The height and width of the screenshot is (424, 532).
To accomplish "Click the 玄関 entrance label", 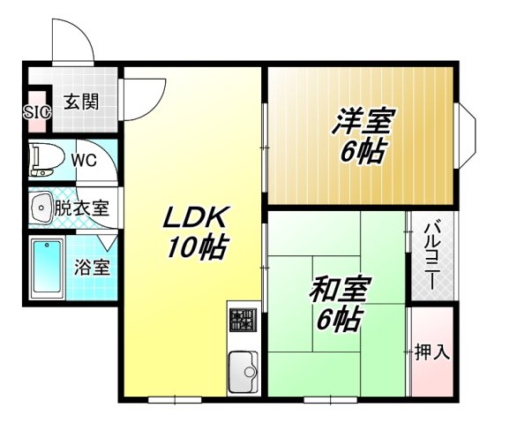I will coord(80,101).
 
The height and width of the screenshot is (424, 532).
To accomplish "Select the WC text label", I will coord(84,161).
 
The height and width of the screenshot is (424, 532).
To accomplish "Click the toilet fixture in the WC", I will coord(43,160).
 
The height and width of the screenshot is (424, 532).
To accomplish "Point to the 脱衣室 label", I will coord(82,209).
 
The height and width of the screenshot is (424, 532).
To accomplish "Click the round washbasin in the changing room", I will coord(41,208).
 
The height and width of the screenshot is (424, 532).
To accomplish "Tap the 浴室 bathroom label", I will coord(92,267).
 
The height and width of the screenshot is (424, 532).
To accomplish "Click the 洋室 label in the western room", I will coord(363,121).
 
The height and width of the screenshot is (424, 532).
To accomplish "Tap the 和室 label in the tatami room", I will coord(340,289).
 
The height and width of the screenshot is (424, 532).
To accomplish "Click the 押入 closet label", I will coord(432,352).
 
